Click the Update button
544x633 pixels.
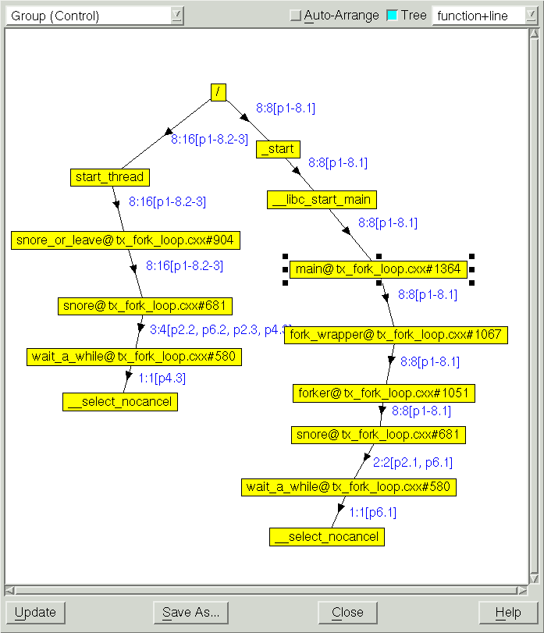coord(35,612)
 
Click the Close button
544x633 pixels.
coord(347,612)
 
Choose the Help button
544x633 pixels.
coord(508,612)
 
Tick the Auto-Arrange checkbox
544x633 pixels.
coord(295,16)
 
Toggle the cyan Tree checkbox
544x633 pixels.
coord(393,16)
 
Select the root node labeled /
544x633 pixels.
coord(218,92)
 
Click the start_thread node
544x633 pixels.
coord(109,177)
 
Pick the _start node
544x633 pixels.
coord(278,149)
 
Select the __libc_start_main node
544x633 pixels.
coord(322,199)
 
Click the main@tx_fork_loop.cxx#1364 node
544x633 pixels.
coord(379,269)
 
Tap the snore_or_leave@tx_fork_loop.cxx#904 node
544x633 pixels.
coord(125,240)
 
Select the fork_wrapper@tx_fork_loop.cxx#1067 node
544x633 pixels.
coord(396,335)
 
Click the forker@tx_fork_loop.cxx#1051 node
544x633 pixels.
coord(383,393)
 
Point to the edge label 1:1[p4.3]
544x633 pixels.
coord(162,379)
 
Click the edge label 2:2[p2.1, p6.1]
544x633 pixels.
coord(411,463)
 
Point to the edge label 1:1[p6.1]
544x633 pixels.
coord(372,513)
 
